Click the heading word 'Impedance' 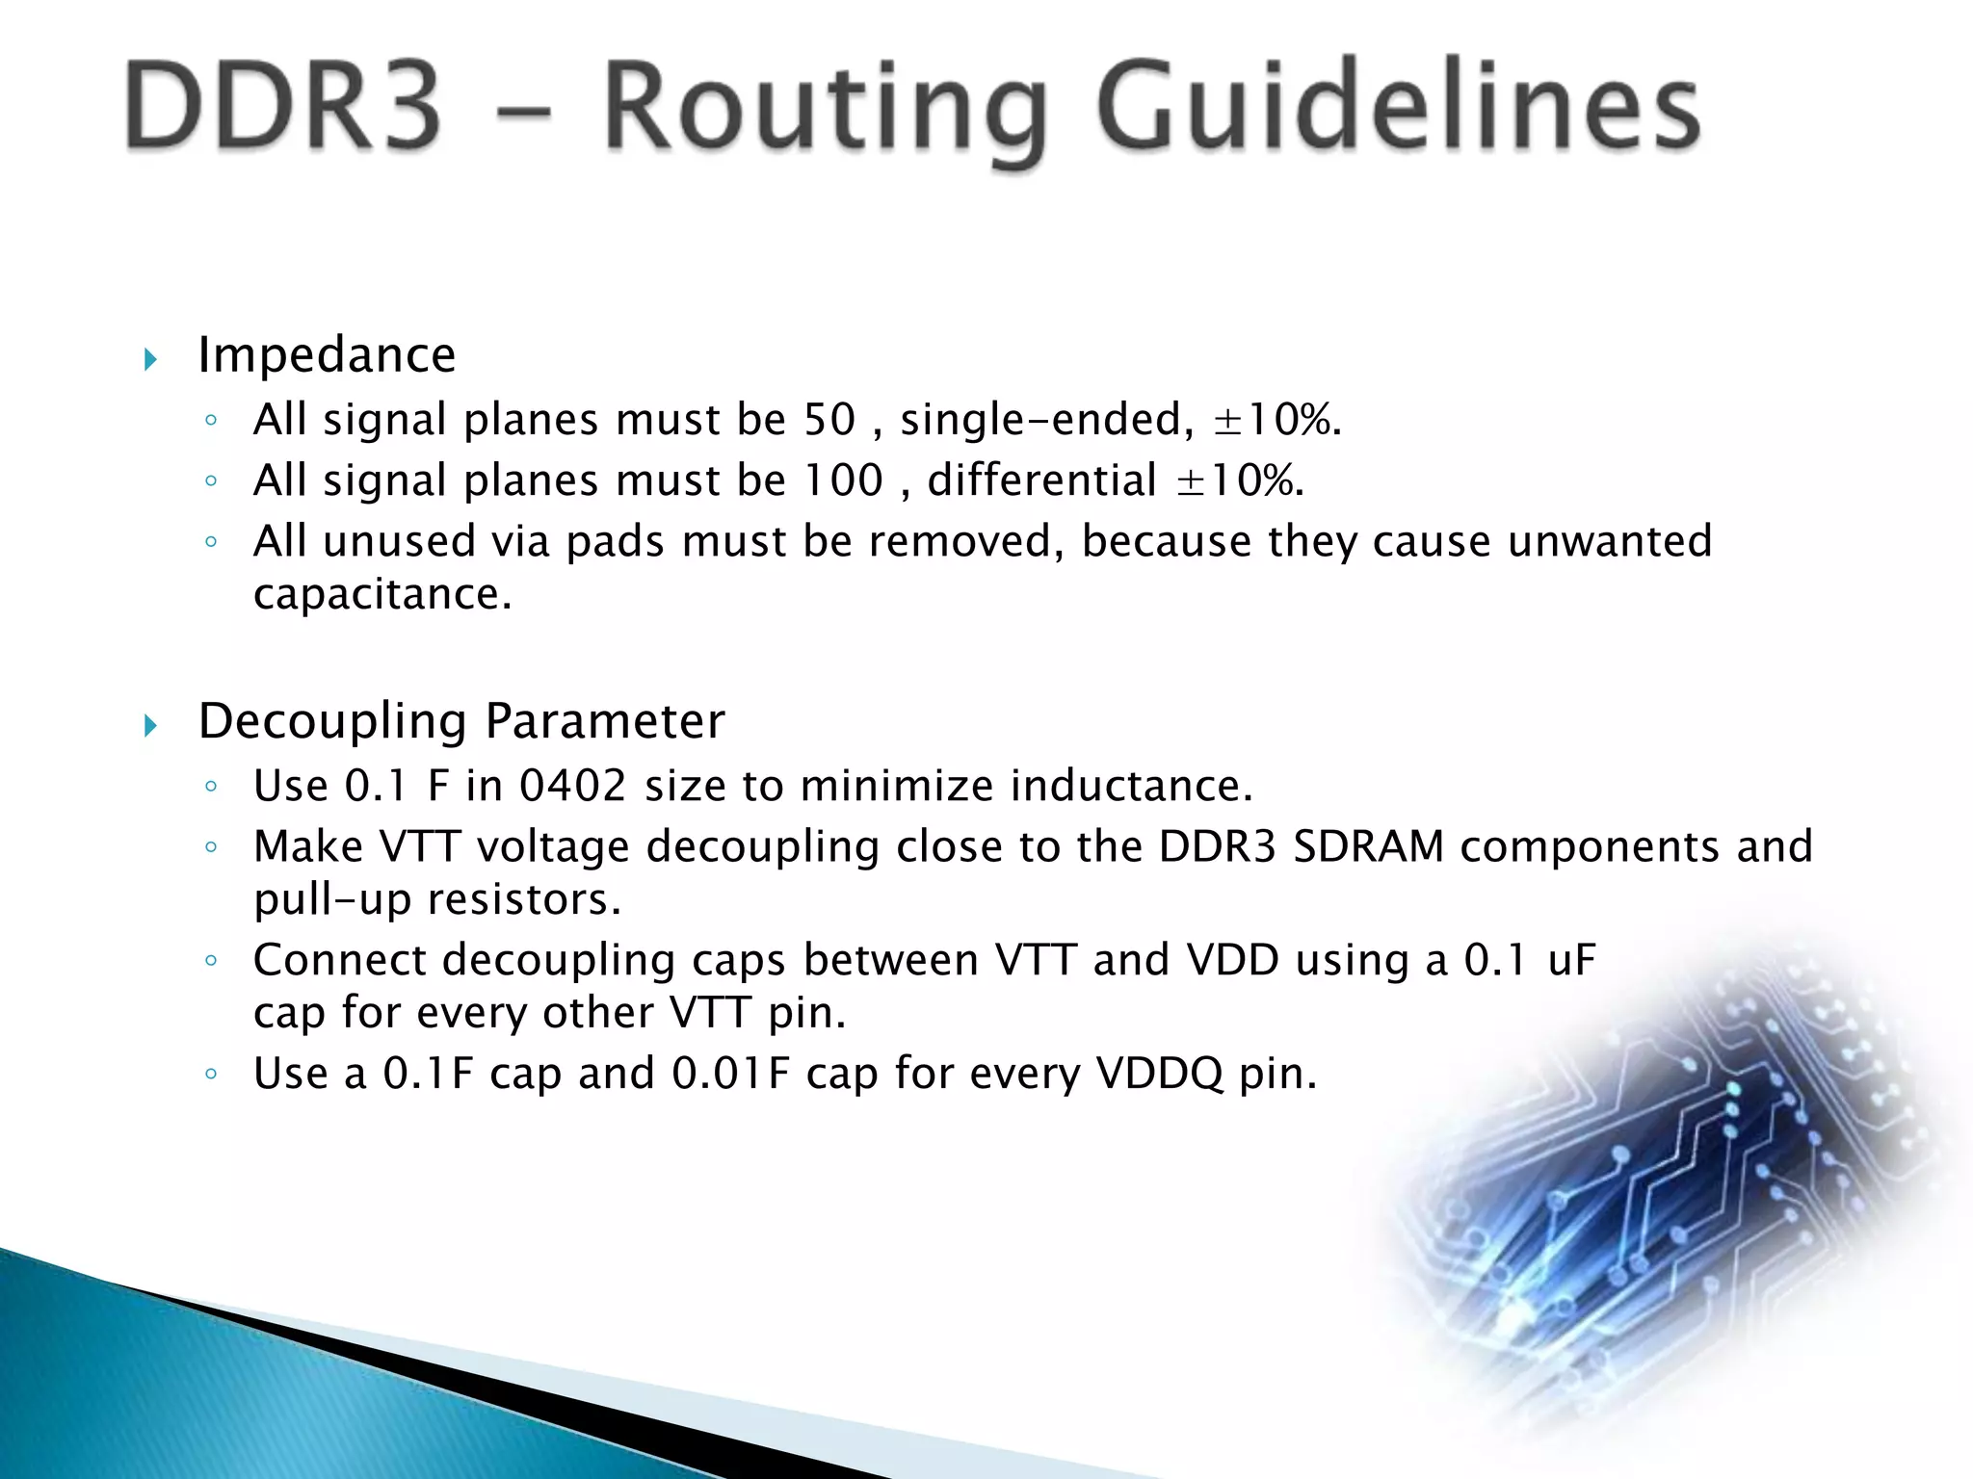(x=327, y=355)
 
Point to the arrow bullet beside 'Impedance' (x=150, y=360)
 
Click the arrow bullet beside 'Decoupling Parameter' (x=150, y=725)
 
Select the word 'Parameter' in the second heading (x=604, y=721)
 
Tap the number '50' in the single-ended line (x=829, y=420)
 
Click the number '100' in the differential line (x=843, y=480)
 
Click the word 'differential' (x=1041, y=480)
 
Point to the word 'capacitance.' (x=381, y=595)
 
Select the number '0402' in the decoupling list (x=572, y=786)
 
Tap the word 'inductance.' (x=1131, y=786)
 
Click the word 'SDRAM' (x=1368, y=847)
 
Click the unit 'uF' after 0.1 (x=1571, y=960)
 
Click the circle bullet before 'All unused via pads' (x=211, y=542)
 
